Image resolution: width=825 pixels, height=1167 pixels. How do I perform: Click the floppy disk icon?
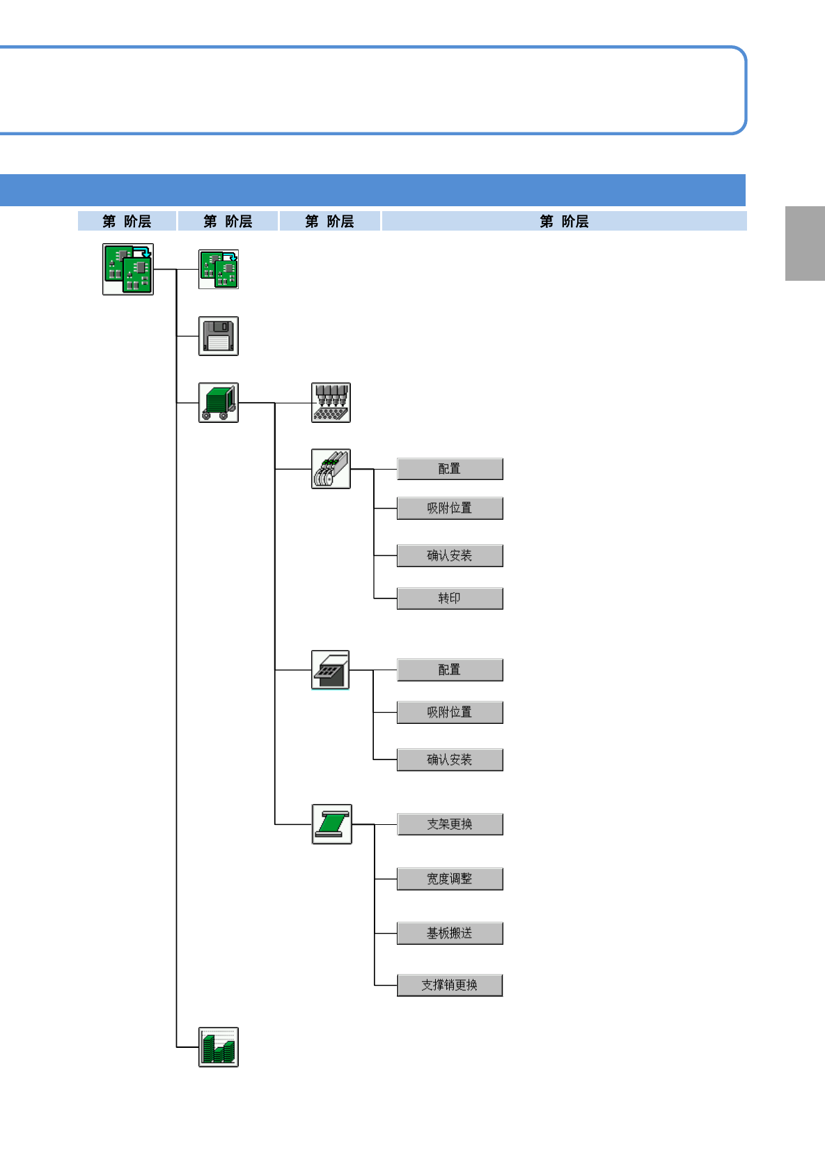coord(219,336)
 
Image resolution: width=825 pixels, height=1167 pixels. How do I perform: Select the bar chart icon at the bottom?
coord(219,1046)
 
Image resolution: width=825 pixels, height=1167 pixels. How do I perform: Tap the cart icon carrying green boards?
coord(219,403)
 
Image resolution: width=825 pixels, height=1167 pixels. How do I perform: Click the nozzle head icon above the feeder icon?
coord(331,403)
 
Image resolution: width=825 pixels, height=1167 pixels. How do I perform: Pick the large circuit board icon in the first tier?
coord(128,269)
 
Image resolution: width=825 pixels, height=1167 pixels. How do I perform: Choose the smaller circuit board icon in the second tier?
coord(219,269)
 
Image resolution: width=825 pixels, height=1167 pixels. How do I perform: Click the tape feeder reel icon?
coord(331,469)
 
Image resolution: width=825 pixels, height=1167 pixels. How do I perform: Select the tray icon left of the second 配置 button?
coord(330,670)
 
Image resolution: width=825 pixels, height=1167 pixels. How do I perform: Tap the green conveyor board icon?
coord(331,824)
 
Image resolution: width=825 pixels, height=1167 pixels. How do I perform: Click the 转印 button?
coord(450,598)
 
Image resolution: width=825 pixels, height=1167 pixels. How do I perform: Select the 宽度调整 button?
coord(450,879)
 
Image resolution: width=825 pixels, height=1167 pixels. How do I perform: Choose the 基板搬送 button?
coord(450,934)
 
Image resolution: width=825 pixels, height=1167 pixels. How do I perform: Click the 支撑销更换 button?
coord(450,985)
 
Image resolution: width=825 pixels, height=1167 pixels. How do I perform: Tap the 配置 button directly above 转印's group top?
coord(450,469)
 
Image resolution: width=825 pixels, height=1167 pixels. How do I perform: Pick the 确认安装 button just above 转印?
coord(450,556)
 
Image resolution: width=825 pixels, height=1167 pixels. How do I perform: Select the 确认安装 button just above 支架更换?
coord(450,760)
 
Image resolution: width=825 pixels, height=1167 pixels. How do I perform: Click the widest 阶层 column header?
coord(564,222)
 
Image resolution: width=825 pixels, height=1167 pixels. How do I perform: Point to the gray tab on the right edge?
coord(805,243)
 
